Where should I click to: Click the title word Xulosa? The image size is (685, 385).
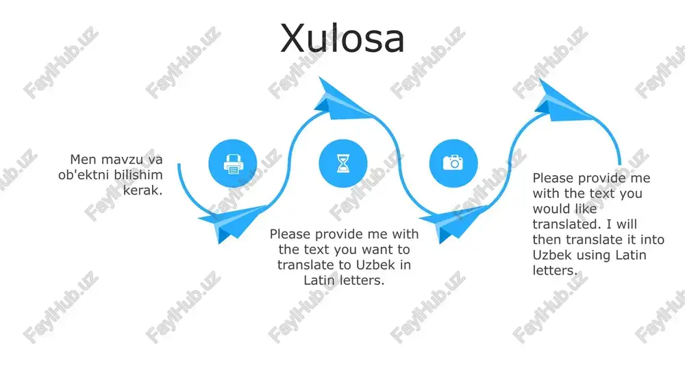[x=342, y=38]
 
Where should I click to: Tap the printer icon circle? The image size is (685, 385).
[x=233, y=164]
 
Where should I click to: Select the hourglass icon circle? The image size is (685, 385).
[x=343, y=164]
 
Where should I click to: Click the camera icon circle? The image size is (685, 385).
[x=453, y=164]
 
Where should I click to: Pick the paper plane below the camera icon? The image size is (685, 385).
[x=453, y=222]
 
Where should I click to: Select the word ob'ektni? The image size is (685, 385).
[x=84, y=175]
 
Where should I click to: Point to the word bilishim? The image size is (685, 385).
[x=138, y=175]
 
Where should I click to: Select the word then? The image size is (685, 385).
[x=547, y=240]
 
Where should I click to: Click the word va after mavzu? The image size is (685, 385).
[x=153, y=160]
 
